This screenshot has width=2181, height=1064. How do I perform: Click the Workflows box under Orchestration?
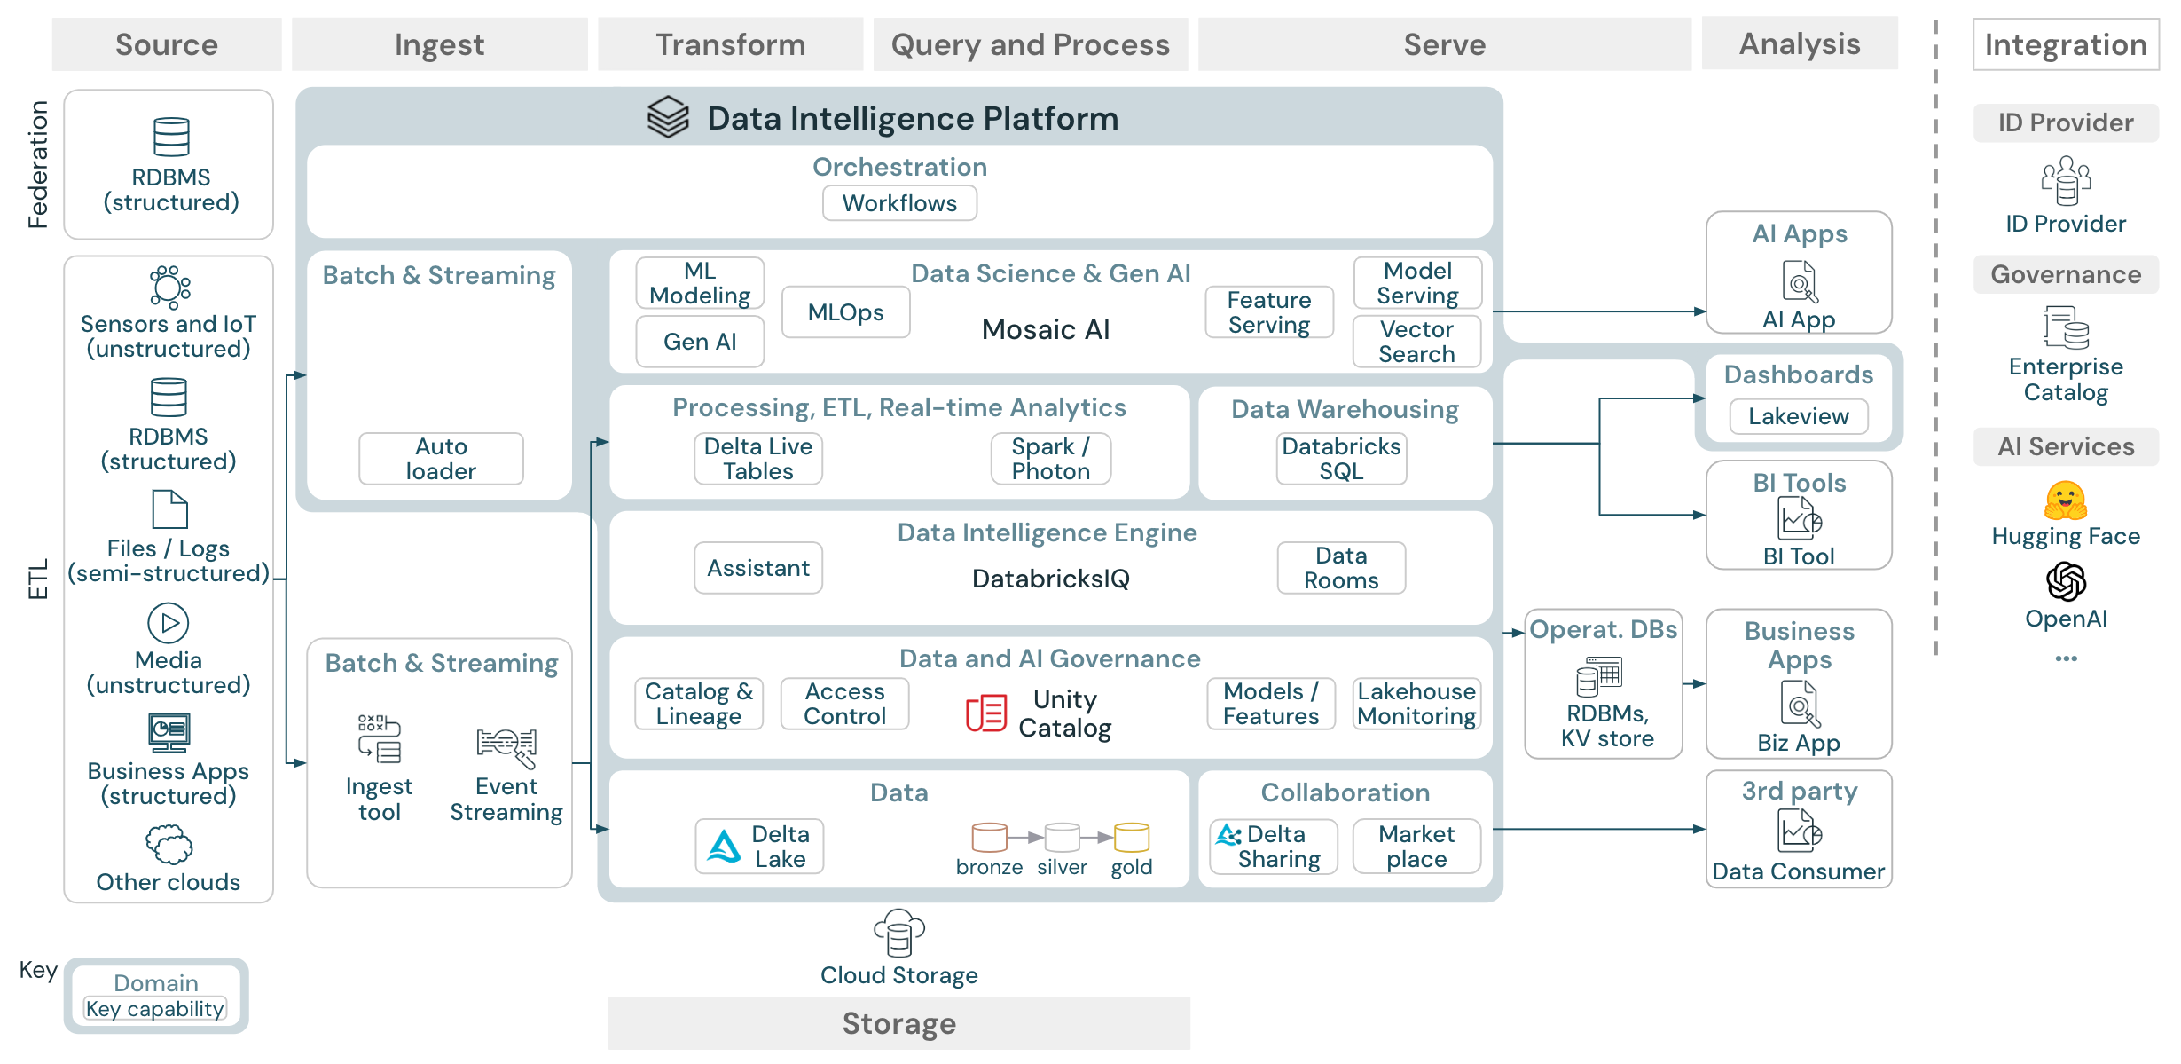coord(898,203)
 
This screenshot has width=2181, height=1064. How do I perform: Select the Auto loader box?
coord(441,459)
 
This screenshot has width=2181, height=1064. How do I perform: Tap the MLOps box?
coord(845,312)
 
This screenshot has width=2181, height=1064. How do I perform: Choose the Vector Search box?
coord(1416,342)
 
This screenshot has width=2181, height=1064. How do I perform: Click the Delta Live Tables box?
coord(757,459)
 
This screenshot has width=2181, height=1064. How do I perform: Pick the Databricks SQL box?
coord(1341,459)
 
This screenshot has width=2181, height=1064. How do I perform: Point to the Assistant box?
coord(757,568)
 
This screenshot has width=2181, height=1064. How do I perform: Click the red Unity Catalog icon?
coord(985,713)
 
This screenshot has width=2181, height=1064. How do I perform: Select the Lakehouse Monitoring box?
coord(1416,704)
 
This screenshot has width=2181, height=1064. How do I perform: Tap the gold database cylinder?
coord(1131,837)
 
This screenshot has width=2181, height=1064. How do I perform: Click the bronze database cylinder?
coord(989,837)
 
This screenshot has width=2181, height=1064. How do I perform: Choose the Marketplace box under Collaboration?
coord(1416,847)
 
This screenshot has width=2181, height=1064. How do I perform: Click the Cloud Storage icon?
coord(898,933)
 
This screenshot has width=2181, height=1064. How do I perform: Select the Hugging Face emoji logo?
coord(2065,501)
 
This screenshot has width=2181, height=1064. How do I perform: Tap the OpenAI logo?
coord(2065,582)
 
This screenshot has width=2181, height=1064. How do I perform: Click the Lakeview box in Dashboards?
coord(1798,416)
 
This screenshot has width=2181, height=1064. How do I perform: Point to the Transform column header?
coord(730,44)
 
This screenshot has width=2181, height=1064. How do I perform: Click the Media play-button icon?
coord(169,623)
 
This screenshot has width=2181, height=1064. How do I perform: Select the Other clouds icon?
coord(169,844)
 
